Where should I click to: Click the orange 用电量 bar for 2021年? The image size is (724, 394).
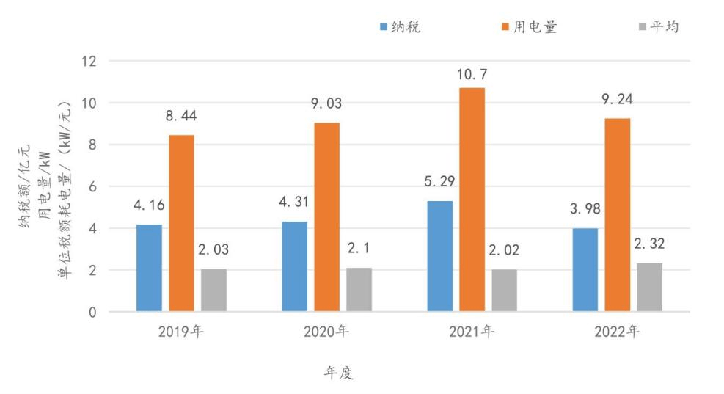pos(472,200)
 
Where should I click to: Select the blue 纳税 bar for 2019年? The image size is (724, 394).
pos(149,268)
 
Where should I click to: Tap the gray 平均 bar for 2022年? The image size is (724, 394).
pos(649,287)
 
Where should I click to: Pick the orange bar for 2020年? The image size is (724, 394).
pos(326,217)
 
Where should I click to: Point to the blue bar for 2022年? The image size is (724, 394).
pos(585,269)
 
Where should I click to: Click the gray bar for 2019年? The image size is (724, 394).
pos(213,290)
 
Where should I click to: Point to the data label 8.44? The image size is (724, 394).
pos(181,116)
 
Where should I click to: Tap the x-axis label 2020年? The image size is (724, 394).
pos(326,332)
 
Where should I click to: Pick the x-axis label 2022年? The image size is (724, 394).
pos(617,332)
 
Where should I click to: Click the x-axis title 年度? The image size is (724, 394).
pos(339,373)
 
